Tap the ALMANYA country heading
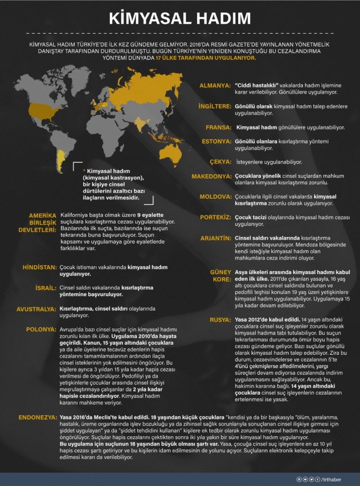click(215, 85)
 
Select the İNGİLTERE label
click(214, 105)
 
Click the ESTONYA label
click(215, 142)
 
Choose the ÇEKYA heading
click(220, 162)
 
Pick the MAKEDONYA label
click(210, 176)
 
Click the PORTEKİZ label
click(215, 217)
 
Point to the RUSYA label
click(219, 320)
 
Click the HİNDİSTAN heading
click(39, 267)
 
